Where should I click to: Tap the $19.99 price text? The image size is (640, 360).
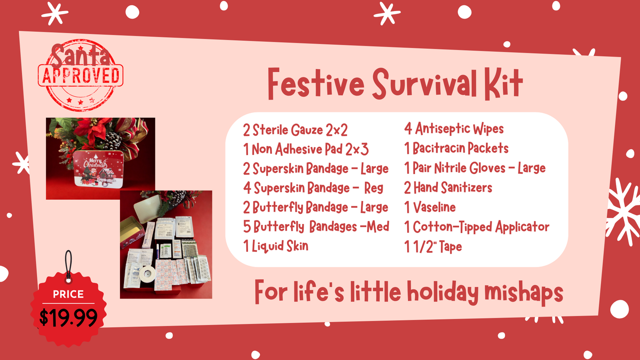(68, 317)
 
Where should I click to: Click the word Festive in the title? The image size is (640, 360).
(316, 84)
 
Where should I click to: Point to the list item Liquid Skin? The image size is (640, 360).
(275, 246)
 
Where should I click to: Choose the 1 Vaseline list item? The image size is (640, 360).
(430, 207)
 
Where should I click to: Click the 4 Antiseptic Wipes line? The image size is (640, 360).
(454, 129)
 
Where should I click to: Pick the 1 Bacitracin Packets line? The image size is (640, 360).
(456, 148)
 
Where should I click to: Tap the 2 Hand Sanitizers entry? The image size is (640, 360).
(448, 188)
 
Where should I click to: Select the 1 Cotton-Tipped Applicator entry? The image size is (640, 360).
(477, 227)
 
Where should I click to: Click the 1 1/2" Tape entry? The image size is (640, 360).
(433, 247)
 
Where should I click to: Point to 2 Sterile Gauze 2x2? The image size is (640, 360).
(295, 130)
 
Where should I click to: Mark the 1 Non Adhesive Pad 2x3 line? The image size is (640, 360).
(306, 150)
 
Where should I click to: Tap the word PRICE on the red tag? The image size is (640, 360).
(68, 294)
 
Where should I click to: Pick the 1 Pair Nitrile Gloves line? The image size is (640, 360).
(474, 168)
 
